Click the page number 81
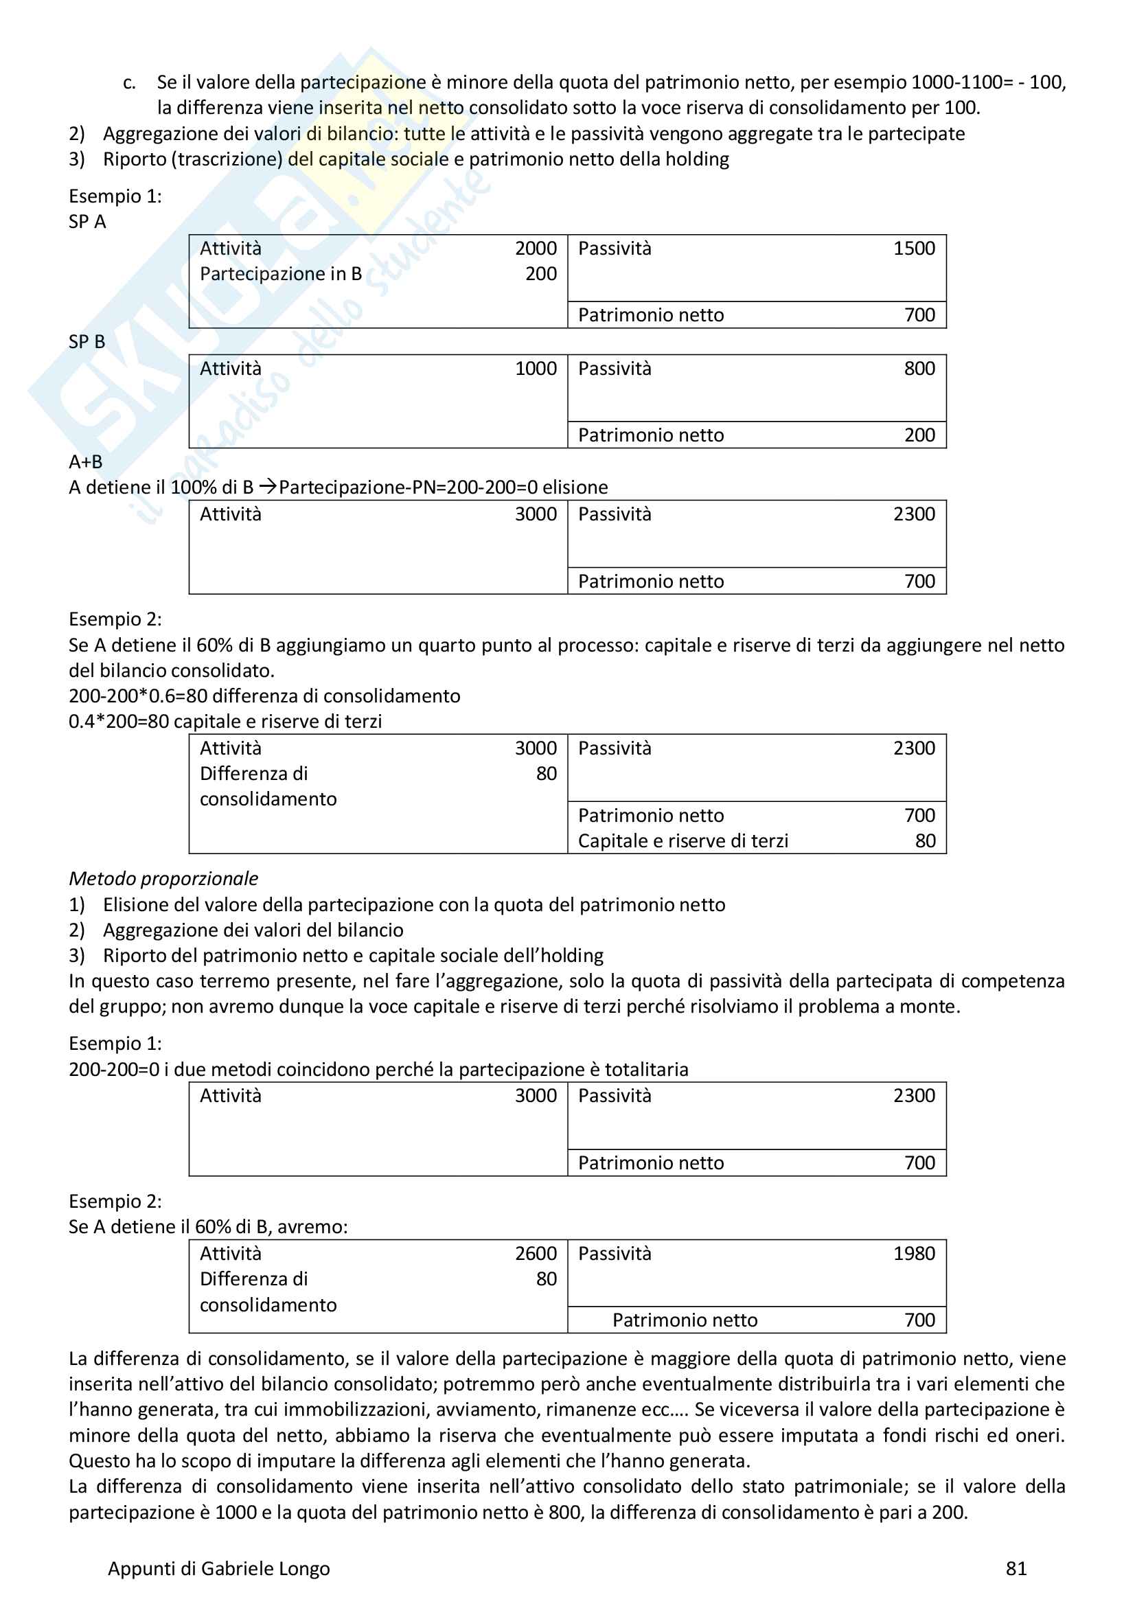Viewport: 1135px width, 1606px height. (x=1016, y=1568)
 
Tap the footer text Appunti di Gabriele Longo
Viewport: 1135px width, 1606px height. (x=218, y=1568)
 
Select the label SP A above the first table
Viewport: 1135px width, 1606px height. (x=87, y=222)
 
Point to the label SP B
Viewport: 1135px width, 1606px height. (x=87, y=342)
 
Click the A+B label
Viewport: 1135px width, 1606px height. (x=85, y=461)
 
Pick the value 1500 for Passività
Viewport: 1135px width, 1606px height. (x=913, y=249)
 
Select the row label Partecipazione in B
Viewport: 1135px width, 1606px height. (x=280, y=274)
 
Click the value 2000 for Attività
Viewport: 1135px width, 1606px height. (x=536, y=249)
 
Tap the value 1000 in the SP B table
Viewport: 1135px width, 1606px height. (x=536, y=369)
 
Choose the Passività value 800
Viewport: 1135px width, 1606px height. (x=919, y=369)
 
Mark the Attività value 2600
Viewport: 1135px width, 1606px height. (x=536, y=1254)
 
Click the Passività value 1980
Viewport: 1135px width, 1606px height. (x=913, y=1254)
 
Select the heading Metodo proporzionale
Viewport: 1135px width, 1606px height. (x=163, y=879)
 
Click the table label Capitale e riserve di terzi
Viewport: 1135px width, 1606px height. (x=683, y=841)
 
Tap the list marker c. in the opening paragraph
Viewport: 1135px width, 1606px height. (x=129, y=82)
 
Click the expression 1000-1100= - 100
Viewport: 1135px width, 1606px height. (x=987, y=82)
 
